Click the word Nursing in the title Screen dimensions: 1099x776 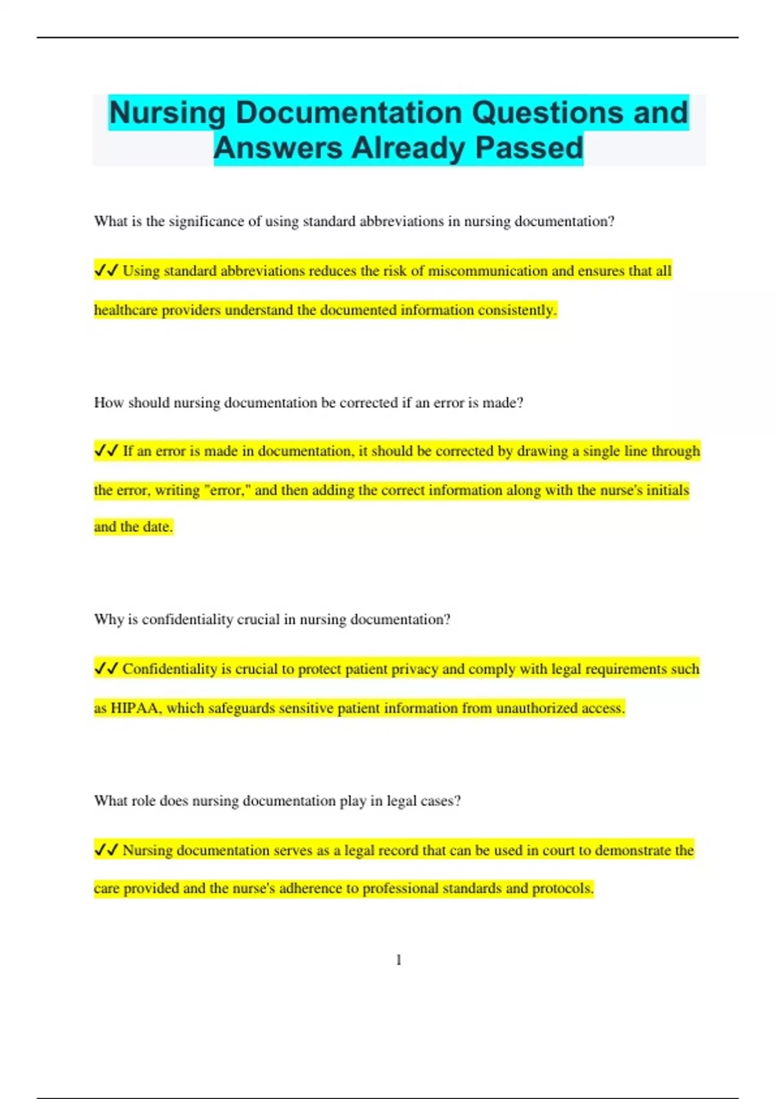pos(167,113)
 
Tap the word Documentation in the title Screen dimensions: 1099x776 pos(349,113)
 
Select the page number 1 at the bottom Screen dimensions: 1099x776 pos(398,960)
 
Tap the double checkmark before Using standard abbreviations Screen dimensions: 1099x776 pos(106,270)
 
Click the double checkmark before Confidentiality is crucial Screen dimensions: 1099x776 pos(106,668)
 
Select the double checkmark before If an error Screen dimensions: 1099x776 pos(106,451)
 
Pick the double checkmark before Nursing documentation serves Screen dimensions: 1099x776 pos(106,849)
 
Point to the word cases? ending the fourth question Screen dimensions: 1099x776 pos(441,800)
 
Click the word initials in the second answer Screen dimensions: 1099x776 pos(667,490)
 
